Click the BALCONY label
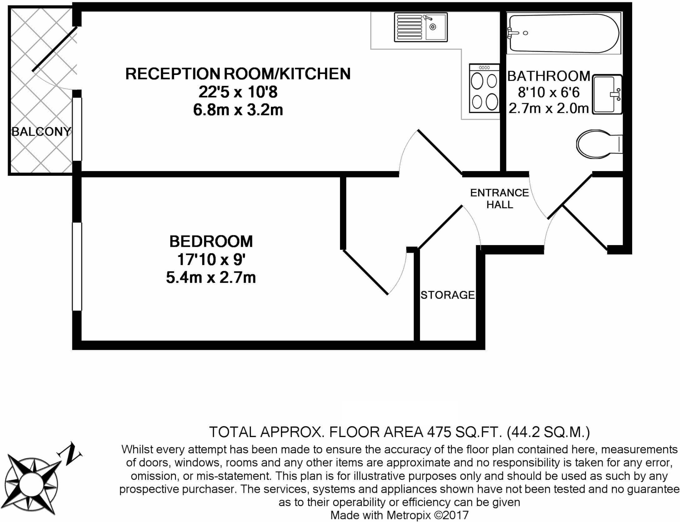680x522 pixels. click(41, 132)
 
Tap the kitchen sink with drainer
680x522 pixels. click(420, 27)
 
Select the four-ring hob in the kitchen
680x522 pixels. click(484, 89)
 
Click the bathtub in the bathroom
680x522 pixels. click(563, 33)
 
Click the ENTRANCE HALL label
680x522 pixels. click(499, 198)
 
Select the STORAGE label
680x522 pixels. click(447, 295)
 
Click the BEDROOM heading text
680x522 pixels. click(211, 241)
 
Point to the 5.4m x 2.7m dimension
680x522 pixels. click(211, 278)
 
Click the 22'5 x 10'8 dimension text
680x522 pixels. click(238, 92)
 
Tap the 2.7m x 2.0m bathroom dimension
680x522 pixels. click(549, 108)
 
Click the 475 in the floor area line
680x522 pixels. click(439, 432)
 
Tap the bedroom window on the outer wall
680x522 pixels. click(77, 266)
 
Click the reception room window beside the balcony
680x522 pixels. click(77, 129)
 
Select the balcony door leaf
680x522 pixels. click(55, 49)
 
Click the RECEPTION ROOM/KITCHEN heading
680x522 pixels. click(238, 74)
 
